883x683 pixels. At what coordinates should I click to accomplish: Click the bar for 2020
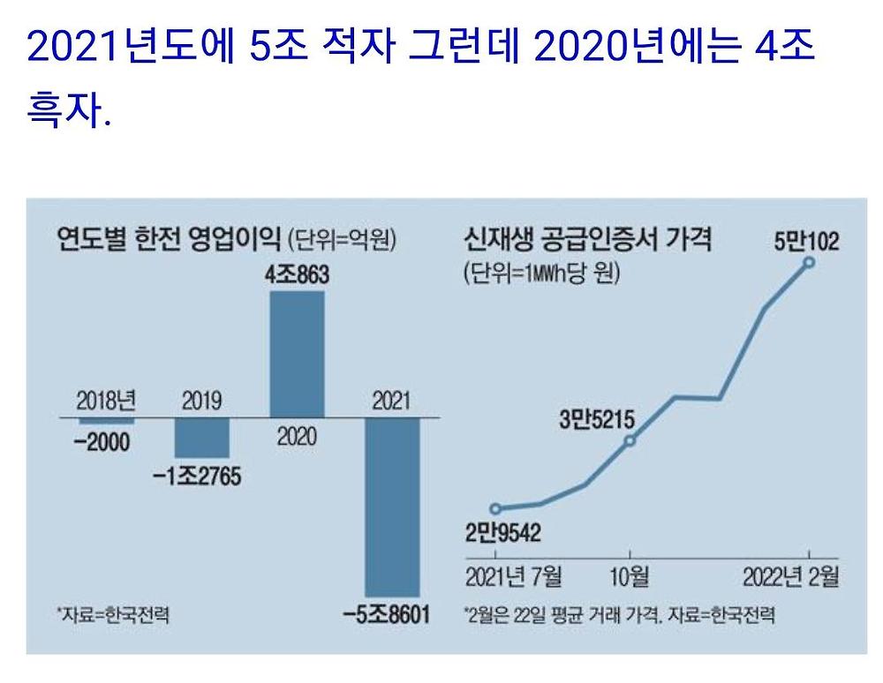(297, 353)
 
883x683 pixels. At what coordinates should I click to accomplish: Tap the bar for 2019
(202, 437)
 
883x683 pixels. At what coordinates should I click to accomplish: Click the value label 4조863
(297, 274)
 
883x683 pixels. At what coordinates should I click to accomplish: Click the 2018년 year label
(107, 402)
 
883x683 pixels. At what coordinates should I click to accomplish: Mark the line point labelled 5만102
(809, 262)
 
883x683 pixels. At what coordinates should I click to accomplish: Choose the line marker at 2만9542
(495, 508)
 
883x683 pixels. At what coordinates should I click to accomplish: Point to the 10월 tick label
(630, 578)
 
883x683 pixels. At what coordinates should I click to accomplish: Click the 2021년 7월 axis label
(514, 578)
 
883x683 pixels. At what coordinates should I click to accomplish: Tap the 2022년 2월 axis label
(790, 578)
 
